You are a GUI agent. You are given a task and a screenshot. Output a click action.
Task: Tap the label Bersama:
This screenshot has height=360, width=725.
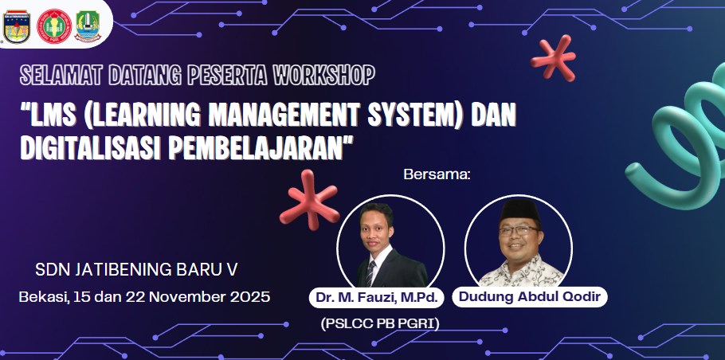[437, 174]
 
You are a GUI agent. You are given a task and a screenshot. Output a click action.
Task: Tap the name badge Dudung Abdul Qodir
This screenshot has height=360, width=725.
[530, 297]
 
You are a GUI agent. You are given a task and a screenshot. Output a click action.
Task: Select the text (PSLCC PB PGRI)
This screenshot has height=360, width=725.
[380, 324]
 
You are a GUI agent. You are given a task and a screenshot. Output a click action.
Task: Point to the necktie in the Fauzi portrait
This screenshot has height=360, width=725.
[371, 271]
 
